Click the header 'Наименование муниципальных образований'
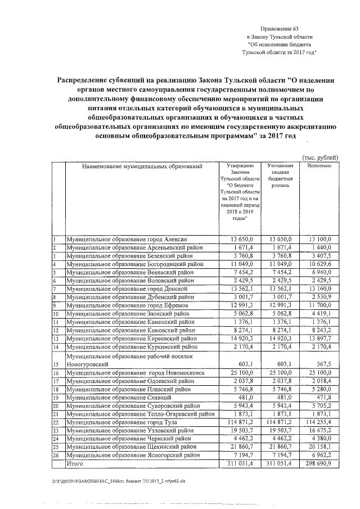141,166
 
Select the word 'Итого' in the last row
75,463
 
